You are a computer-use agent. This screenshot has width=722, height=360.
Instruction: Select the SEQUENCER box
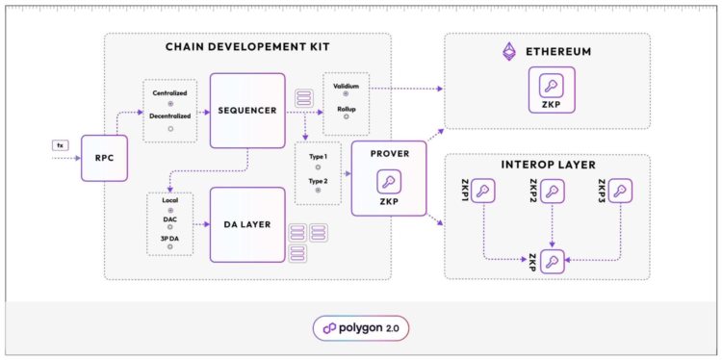tap(247, 110)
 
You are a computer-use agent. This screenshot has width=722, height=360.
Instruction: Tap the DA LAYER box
tap(247, 224)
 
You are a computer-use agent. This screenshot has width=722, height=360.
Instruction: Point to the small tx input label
tap(60, 144)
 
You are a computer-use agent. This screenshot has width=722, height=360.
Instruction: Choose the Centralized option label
tap(170, 92)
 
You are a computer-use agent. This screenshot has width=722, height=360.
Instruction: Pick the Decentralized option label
tap(170, 116)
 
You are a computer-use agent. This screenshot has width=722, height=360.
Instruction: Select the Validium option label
tap(346, 86)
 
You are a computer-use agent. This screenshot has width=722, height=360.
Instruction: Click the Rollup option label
tap(346, 109)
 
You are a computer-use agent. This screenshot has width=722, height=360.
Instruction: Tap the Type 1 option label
tap(317, 157)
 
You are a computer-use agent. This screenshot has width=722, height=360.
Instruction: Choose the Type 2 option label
tap(317, 180)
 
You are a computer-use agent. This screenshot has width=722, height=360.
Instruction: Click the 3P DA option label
tap(170, 237)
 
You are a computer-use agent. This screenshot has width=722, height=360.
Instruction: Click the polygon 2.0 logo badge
tap(361, 328)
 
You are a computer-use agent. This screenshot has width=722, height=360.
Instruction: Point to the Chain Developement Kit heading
tap(248, 46)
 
